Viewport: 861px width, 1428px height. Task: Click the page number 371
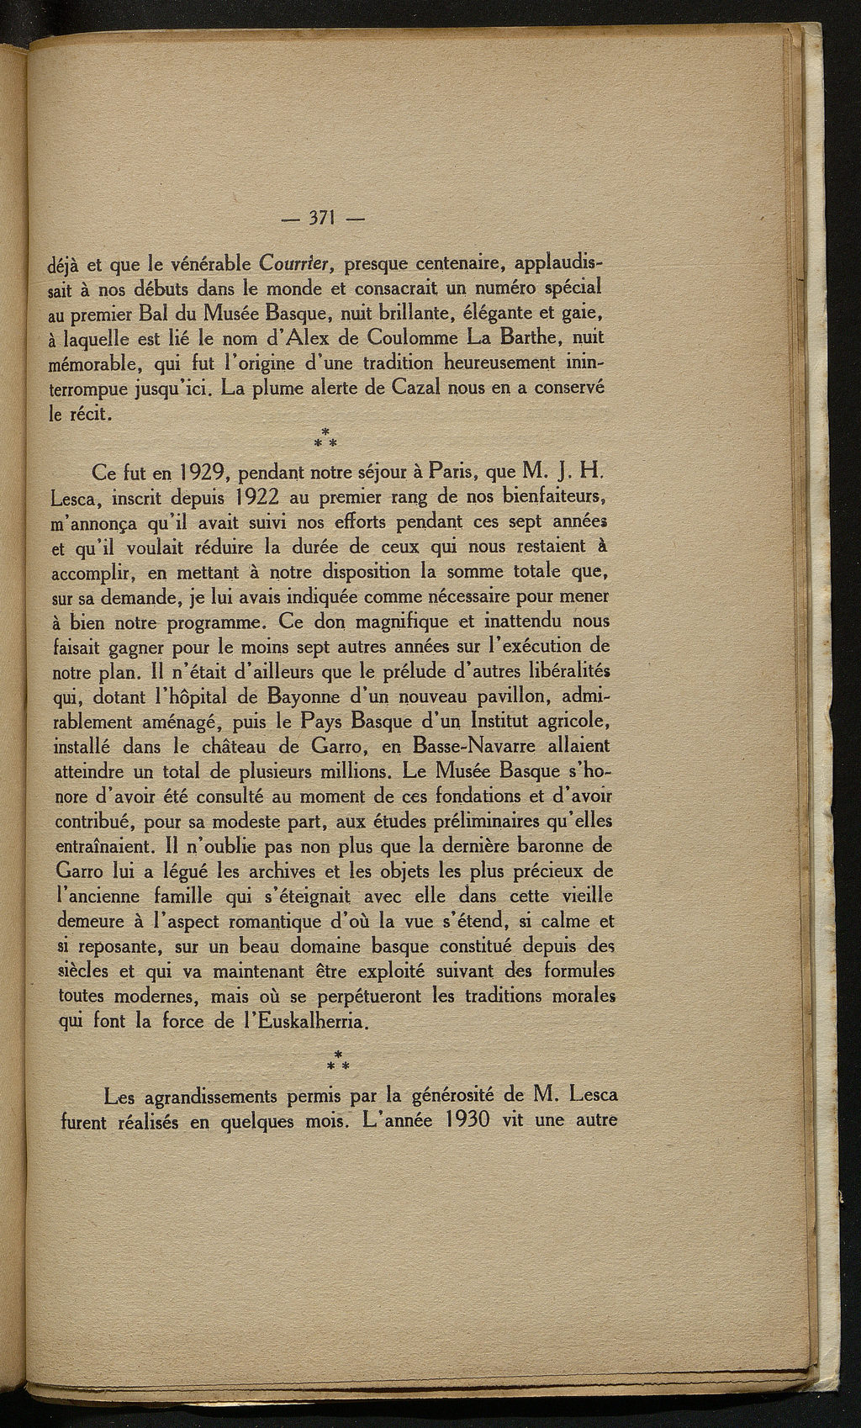coord(324,219)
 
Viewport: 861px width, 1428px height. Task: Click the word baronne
coord(549,844)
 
